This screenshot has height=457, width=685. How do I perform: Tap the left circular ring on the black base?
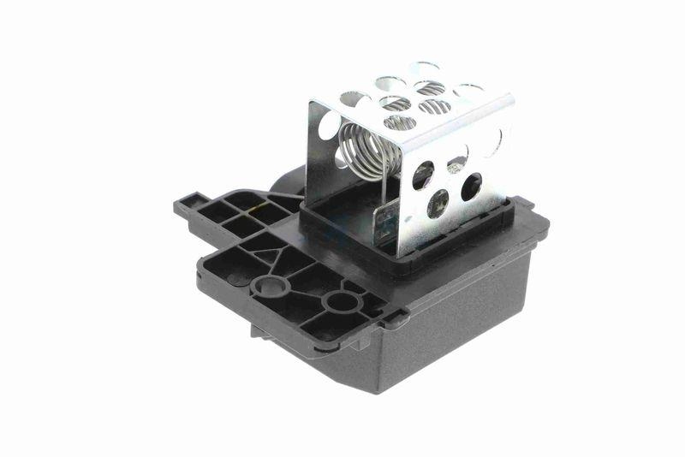pos(271,285)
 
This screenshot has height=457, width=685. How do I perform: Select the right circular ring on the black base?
pos(340,301)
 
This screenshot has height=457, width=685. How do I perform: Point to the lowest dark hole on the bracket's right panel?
pos(438,203)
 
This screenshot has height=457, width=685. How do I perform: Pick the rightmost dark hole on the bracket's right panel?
pos(470,186)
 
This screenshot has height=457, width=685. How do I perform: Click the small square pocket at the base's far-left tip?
pos(186,205)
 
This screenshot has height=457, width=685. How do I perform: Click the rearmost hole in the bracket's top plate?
pos(425,68)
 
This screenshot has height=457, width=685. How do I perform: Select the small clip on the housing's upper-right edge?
pos(522,205)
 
